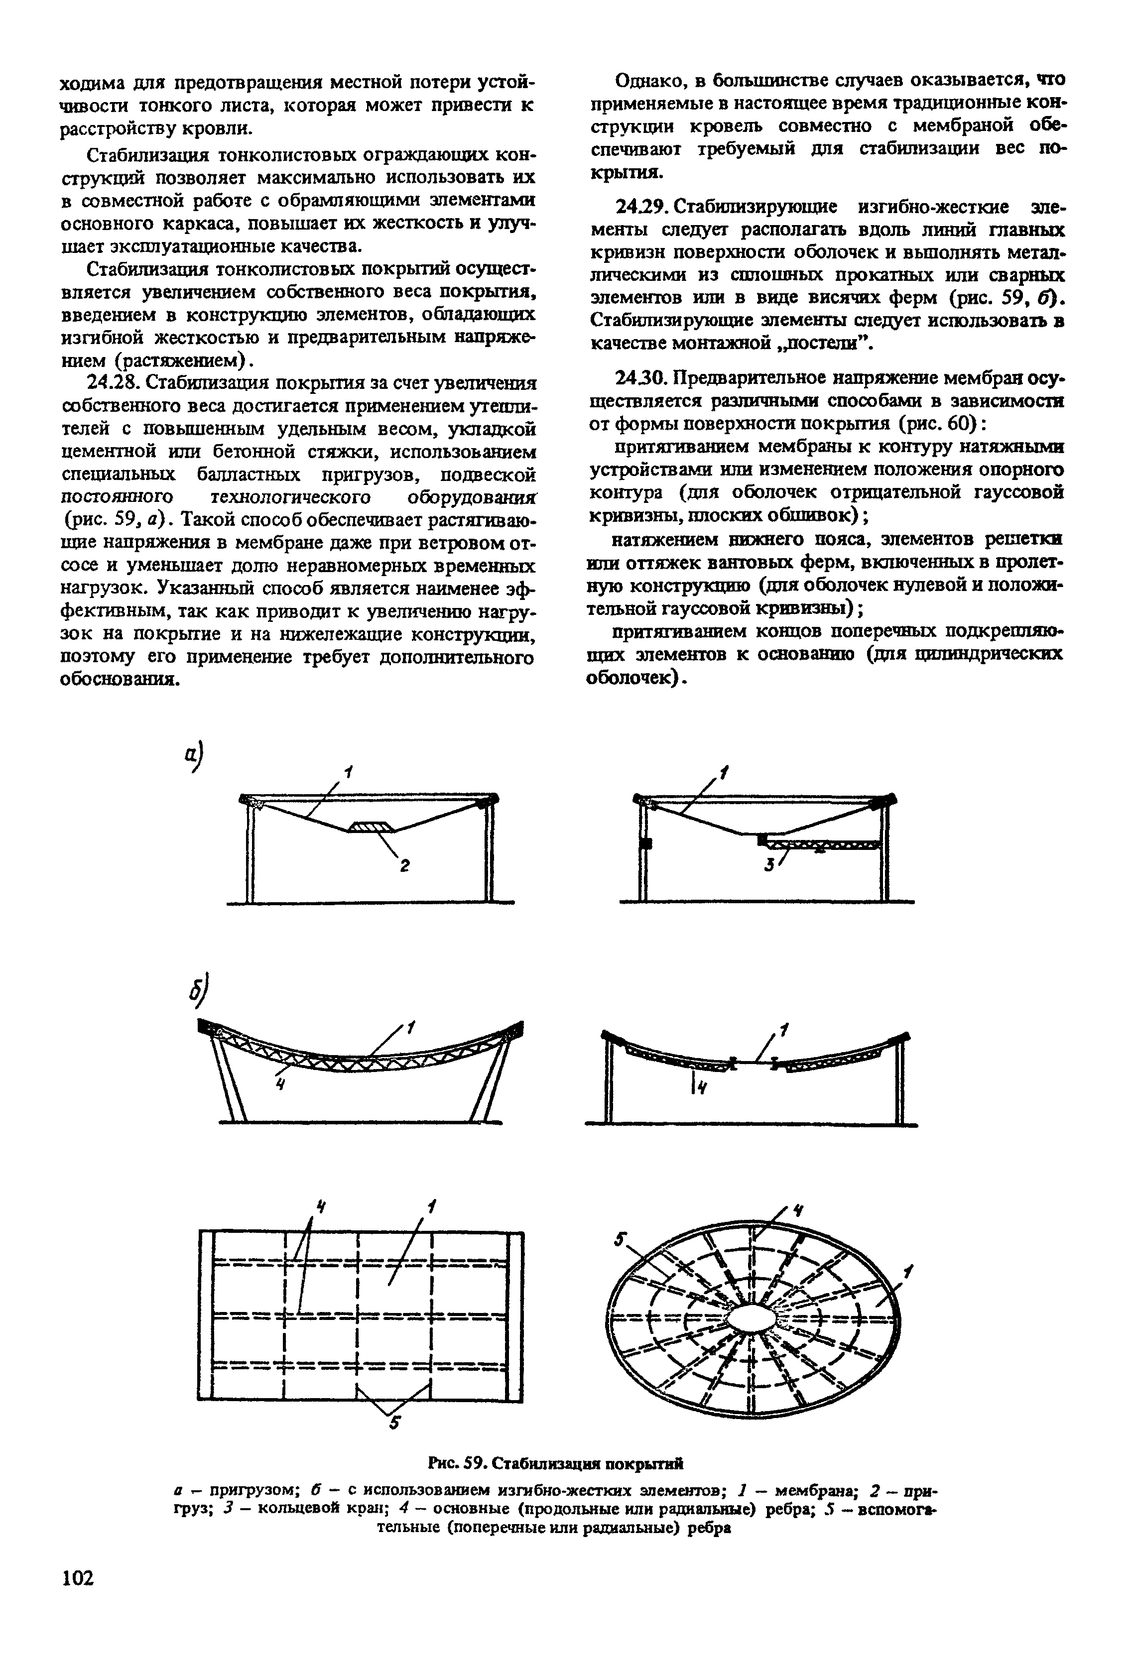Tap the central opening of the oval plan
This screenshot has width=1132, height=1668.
tap(754, 1319)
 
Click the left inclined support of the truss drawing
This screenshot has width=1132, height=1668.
tap(228, 1084)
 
